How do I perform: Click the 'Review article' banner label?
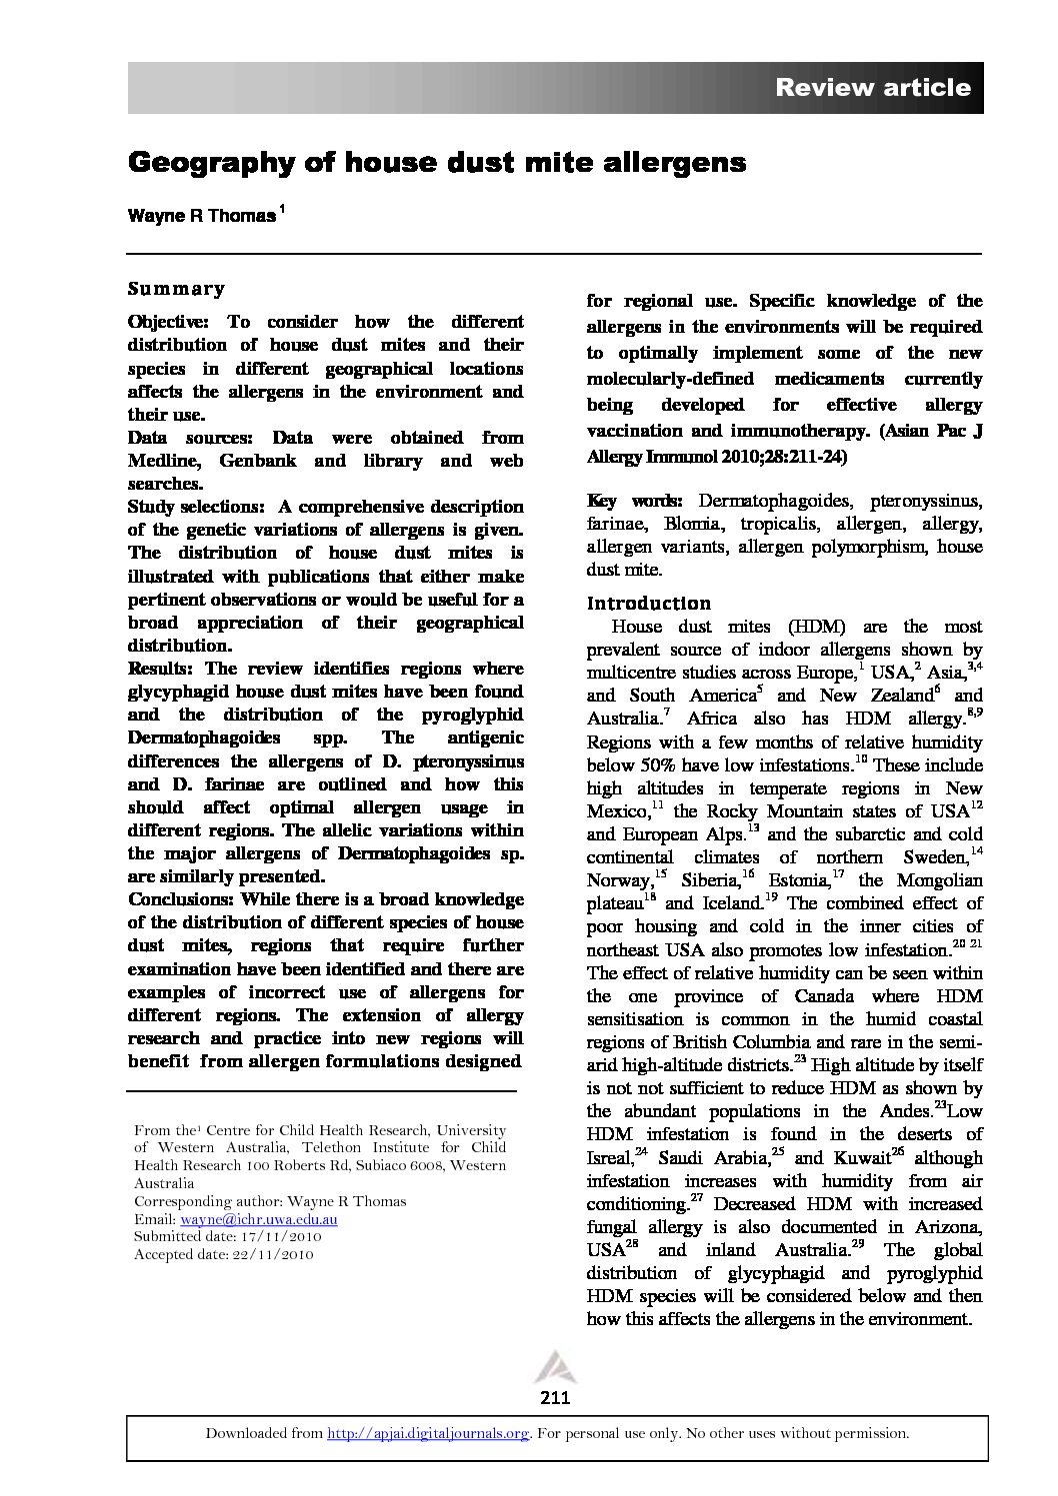(x=872, y=88)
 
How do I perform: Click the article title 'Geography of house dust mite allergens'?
(x=437, y=163)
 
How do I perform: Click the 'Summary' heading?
(x=176, y=290)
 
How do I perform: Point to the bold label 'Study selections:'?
(x=196, y=507)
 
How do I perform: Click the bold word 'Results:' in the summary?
(x=162, y=669)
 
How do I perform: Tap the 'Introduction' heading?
(x=649, y=604)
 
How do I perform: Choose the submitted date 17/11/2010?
(x=270, y=1237)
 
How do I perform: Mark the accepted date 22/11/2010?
(x=264, y=1254)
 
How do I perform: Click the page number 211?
(x=555, y=1397)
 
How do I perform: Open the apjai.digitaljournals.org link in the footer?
(x=428, y=1433)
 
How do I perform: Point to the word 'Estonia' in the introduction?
(x=797, y=880)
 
